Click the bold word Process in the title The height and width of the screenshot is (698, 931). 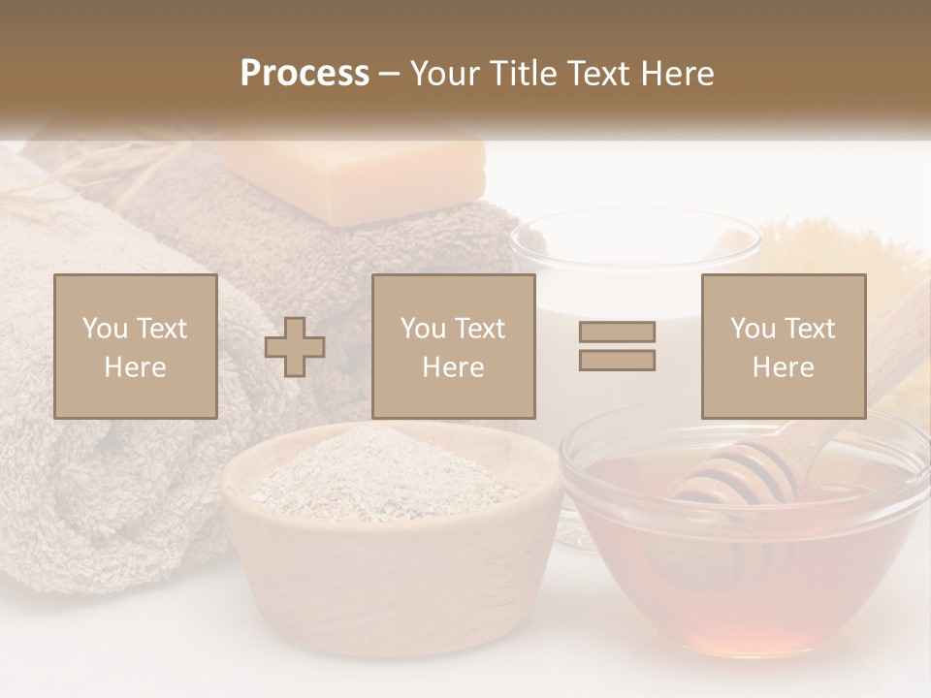[x=305, y=74]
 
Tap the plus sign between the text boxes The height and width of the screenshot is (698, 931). [x=295, y=347]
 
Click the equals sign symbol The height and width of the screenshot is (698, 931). [x=617, y=346]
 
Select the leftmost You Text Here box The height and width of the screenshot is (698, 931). [x=136, y=346]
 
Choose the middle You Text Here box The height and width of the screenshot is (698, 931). [x=454, y=346]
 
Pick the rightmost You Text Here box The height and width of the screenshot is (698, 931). [x=784, y=346]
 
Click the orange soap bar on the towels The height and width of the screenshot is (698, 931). [x=352, y=179]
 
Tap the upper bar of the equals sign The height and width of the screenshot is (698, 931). [x=617, y=332]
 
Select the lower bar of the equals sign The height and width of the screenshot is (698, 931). [x=617, y=361]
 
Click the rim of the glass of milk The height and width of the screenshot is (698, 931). [x=635, y=233]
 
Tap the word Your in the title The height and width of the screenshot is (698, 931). [x=445, y=74]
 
